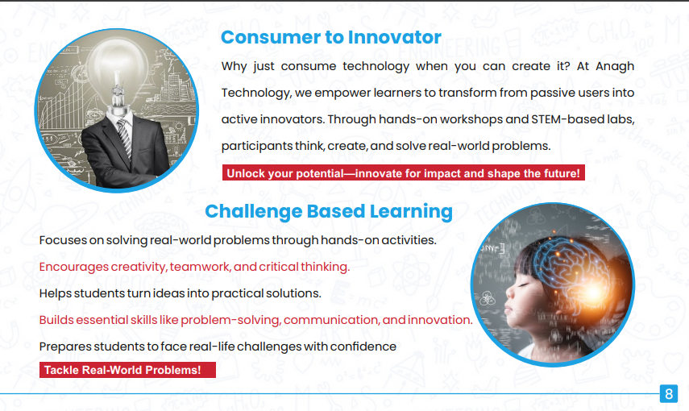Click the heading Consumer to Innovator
point(331,37)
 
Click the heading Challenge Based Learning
point(329,211)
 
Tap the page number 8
point(669,394)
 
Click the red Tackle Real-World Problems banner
point(127,370)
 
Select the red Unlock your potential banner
point(404,173)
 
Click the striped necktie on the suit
point(124,138)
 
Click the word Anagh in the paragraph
point(615,66)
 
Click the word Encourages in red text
point(74,267)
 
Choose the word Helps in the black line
point(55,293)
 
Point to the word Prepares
point(65,347)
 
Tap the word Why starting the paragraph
point(234,66)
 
